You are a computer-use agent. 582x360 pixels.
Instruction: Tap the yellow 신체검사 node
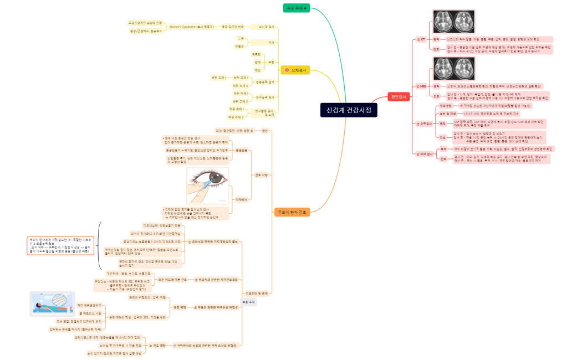(299, 70)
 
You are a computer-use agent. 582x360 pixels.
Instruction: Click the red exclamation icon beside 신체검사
(287, 70)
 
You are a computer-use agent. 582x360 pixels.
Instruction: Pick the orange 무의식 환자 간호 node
(292, 212)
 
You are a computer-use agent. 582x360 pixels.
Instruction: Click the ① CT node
(421, 40)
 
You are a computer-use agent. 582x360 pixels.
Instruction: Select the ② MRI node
(421, 86)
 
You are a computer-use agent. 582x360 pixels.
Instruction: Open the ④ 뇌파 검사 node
(424, 153)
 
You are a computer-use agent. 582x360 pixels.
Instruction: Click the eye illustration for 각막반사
(208, 185)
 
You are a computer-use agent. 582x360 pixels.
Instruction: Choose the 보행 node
(271, 62)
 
